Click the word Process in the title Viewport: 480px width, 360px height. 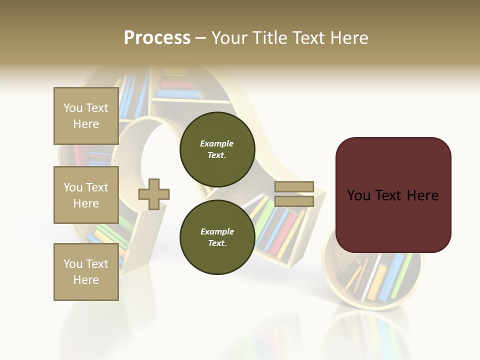point(157,38)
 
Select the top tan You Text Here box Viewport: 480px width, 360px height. point(86,116)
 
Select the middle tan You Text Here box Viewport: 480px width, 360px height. point(86,195)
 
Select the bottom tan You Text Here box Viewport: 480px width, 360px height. point(86,271)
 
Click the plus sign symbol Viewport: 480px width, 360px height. point(154,194)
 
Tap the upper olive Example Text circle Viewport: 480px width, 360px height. point(217,149)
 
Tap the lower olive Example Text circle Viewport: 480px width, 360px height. point(217,237)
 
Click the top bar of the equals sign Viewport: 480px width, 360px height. point(294,187)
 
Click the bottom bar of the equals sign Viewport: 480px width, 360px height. point(294,201)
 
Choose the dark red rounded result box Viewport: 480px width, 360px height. point(393,195)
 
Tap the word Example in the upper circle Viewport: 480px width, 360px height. point(217,143)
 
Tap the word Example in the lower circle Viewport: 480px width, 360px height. point(217,231)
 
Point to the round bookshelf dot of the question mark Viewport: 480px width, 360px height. point(375,280)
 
